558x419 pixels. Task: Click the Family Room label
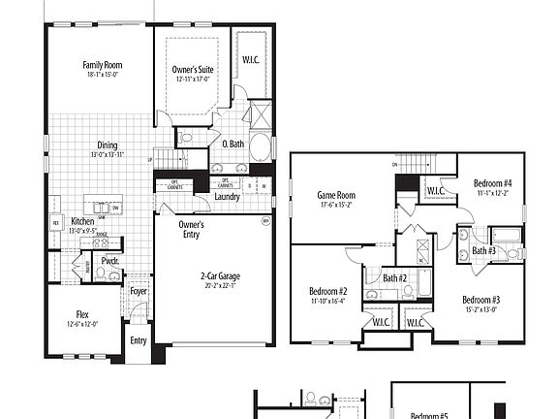pyautogui.click(x=102, y=65)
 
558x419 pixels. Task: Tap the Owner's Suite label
pyautogui.click(x=193, y=70)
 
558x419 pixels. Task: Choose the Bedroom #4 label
pyautogui.click(x=493, y=183)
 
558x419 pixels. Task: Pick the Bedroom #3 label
pyautogui.click(x=480, y=299)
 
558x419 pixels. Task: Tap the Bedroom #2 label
pyautogui.click(x=328, y=291)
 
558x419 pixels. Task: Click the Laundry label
pyautogui.click(x=228, y=197)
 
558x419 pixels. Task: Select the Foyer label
pyautogui.click(x=139, y=290)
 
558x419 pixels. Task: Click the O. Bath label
pyautogui.click(x=232, y=145)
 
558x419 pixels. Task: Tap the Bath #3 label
pyautogui.click(x=484, y=252)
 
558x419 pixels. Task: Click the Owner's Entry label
pyautogui.click(x=191, y=229)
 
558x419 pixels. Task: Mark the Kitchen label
pyautogui.click(x=82, y=222)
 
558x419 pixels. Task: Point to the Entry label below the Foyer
pyautogui.click(x=139, y=340)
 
